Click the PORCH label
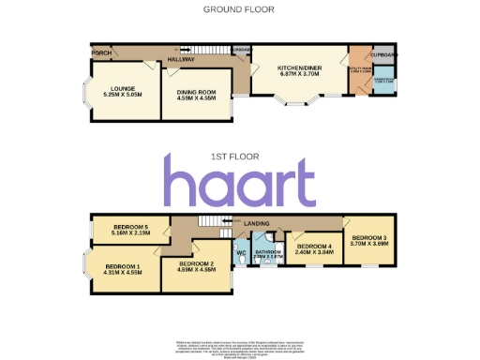pos(101,52)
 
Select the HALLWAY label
pos(182,59)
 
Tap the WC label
pos(241,252)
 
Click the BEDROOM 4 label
pos(314,247)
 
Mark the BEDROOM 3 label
pos(369,238)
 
